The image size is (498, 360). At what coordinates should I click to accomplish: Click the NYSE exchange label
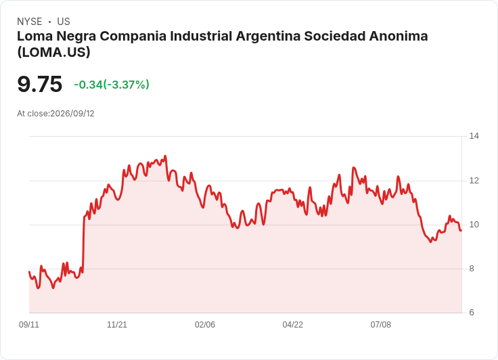point(30,22)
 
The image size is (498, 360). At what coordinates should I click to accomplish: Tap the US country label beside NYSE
point(64,22)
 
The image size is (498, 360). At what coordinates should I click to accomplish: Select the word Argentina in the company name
point(269,36)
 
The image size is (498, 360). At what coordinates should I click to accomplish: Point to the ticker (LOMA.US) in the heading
point(54,52)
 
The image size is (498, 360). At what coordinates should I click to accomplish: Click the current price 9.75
point(40,84)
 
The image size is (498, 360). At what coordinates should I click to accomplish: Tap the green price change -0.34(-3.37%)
point(112,85)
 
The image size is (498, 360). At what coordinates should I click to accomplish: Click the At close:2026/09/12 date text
point(55,114)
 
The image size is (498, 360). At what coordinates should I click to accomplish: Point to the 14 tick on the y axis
point(474,136)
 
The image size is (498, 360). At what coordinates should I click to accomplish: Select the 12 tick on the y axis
point(474,181)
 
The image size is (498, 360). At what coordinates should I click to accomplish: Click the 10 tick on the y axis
point(474,225)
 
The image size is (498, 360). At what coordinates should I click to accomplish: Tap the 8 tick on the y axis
point(472,269)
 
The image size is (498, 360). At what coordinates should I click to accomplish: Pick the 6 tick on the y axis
point(472,313)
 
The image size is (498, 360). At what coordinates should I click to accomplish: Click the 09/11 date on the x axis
point(29,325)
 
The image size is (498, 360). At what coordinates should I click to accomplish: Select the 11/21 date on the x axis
point(117,325)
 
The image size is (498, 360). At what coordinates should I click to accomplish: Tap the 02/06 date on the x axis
point(205,325)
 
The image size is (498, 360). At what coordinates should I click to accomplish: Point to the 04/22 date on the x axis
point(293,325)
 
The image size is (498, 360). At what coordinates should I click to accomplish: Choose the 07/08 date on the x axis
point(380,325)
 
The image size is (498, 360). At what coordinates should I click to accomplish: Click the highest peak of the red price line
point(166,156)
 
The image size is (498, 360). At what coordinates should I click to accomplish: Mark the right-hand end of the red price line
point(461,230)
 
